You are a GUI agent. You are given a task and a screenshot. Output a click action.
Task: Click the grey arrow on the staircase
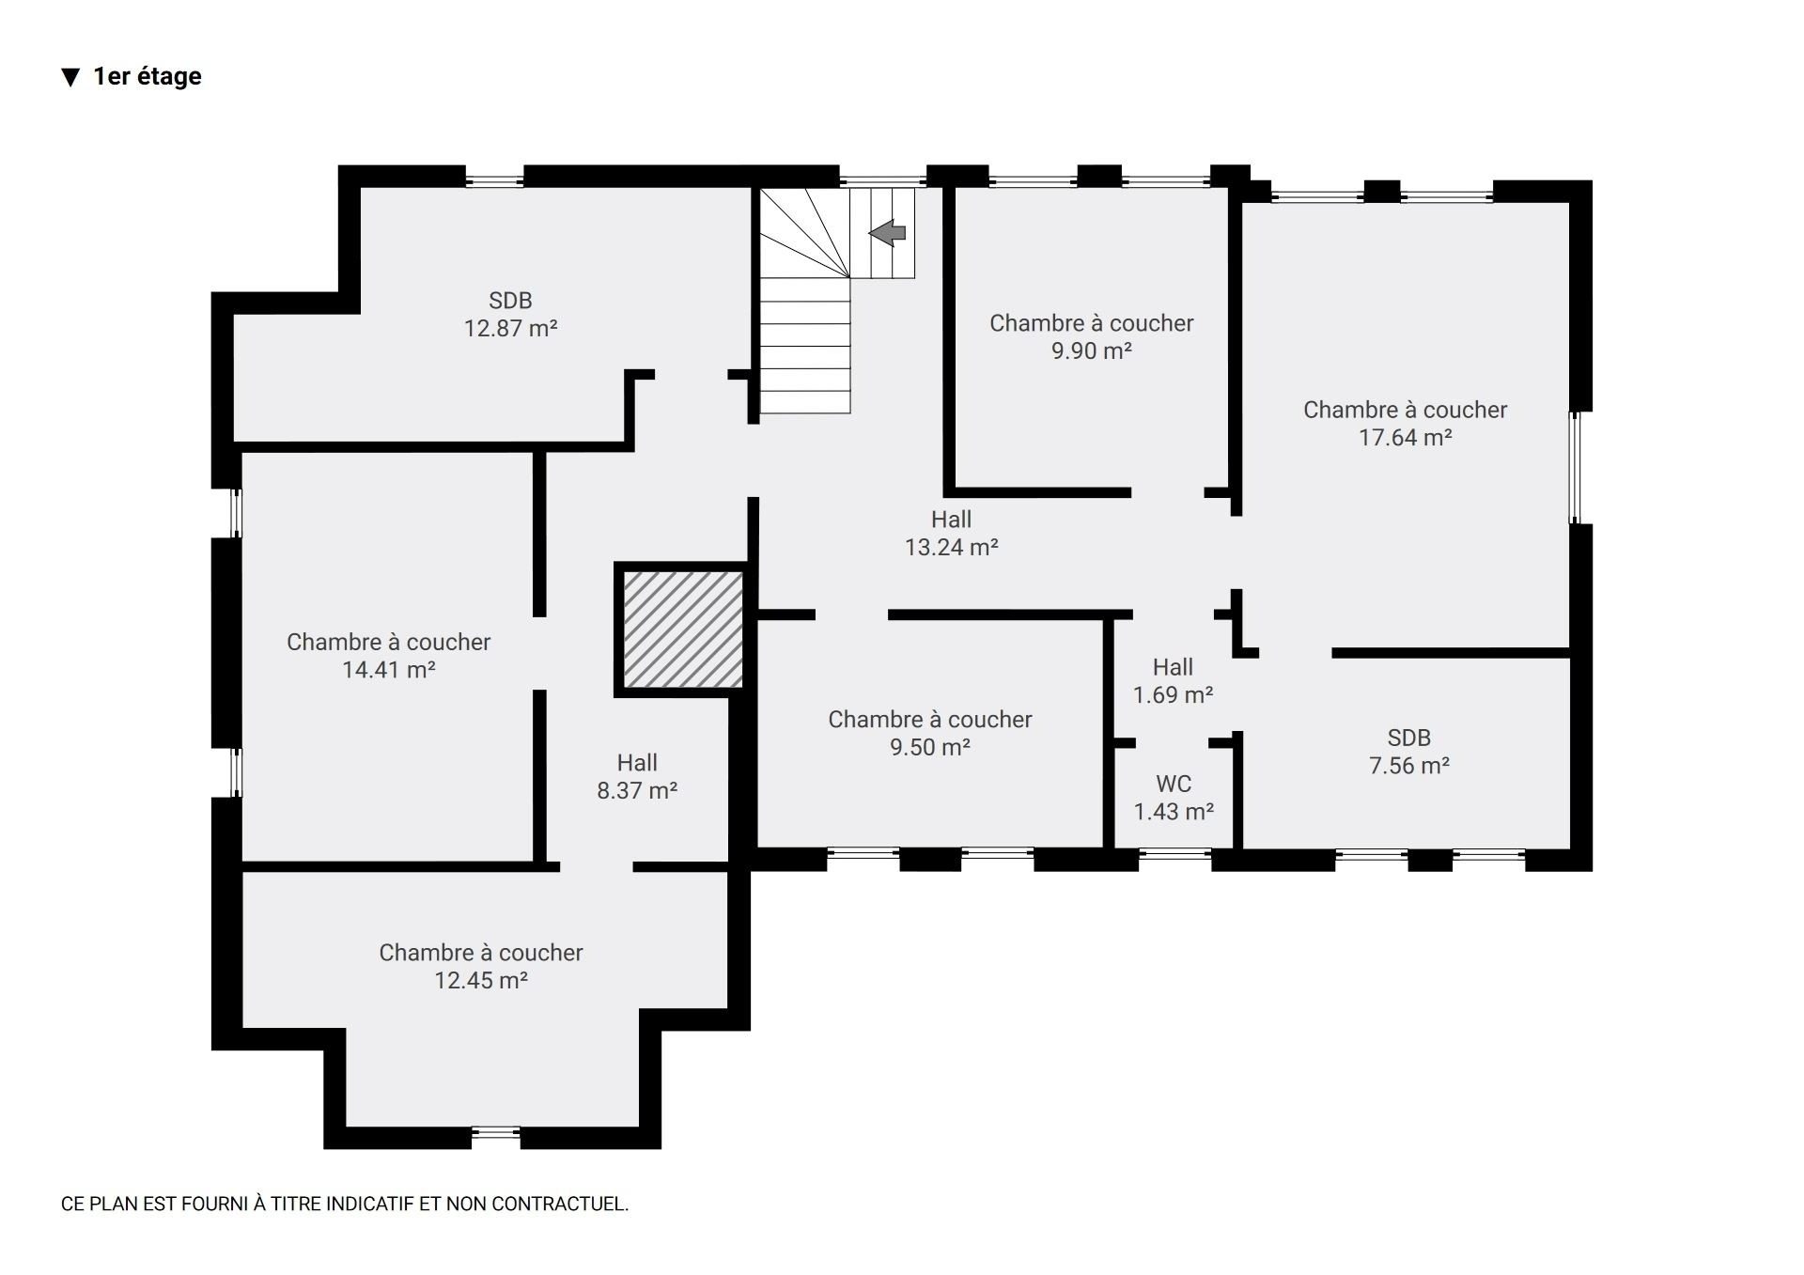(x=887, y=232)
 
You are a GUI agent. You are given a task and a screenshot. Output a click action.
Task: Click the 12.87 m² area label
(x=510, y=328)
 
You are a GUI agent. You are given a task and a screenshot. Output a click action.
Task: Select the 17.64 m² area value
(x=1406, y=437)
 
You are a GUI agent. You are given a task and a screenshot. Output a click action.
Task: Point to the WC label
(x=1174, y=784)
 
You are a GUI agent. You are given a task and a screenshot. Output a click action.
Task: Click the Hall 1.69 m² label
(x=1173, y=681)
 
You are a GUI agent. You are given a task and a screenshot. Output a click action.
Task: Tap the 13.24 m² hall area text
(x=951, y=547)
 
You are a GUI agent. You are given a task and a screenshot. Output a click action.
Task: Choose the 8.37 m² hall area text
(x=637, y=790)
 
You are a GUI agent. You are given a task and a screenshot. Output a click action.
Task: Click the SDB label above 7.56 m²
(x=1408, y=738)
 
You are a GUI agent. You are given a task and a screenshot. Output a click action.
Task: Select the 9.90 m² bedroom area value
(x=1091, y=350)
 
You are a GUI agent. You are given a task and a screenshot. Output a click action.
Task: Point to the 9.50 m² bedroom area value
(x=930, y=747)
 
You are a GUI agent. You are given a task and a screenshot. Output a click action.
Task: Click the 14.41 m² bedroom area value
(x=388, y=669)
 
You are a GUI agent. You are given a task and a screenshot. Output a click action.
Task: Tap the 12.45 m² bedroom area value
(x=480, y=980)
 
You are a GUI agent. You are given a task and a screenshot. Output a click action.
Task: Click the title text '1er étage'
(x=148, y=76)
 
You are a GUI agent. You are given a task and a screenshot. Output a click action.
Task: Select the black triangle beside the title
(x=70, y=77)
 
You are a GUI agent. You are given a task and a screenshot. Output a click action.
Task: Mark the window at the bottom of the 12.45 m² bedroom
(x=496, y=1137)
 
